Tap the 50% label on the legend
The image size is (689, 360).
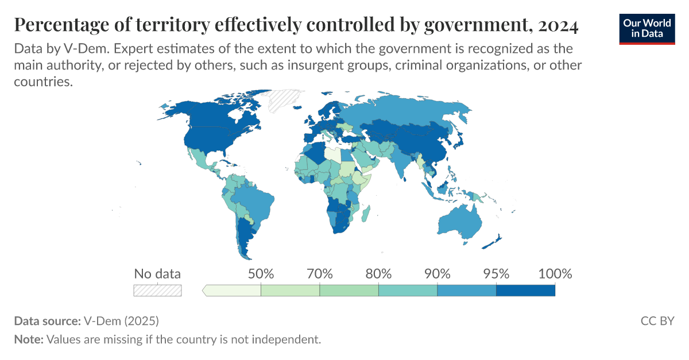tap(261, 273)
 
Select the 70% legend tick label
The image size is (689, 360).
tap(320, 273)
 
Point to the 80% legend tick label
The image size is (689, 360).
tap(379, 273)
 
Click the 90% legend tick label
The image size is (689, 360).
tap(438, 273)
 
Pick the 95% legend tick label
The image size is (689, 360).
tap(496, 273)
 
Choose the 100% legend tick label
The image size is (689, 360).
tap(555, 273)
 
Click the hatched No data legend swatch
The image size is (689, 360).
tap(157, 291)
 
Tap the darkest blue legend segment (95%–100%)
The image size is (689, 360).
tap(525, 291)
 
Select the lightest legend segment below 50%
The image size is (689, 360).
tap(233, 291)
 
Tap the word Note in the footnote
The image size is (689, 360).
tap(28, 339)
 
